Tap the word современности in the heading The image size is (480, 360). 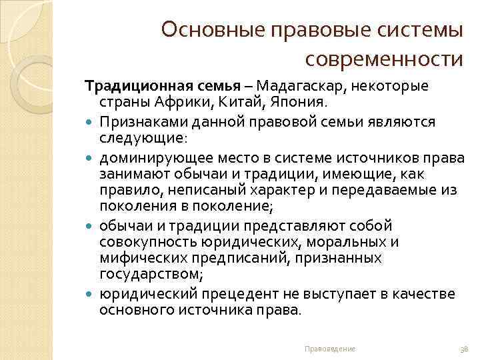click(383, 59)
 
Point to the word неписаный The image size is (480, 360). click(207, 190)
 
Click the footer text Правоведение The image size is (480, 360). click(329, 349)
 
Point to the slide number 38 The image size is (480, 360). click(465, 349)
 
